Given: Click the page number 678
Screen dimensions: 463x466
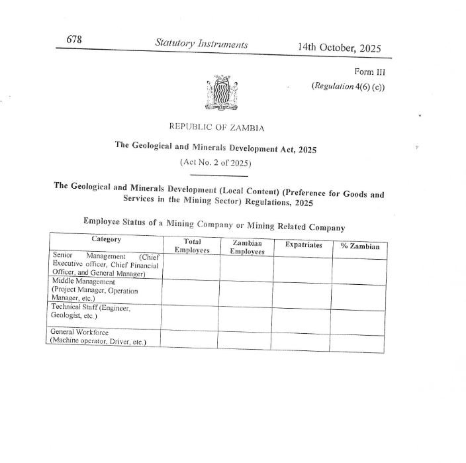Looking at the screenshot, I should [x=74, y=40].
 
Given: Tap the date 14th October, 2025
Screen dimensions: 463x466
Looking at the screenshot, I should [x=339, y=48].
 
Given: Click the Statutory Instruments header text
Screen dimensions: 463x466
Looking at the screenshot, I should [x=201, y=44].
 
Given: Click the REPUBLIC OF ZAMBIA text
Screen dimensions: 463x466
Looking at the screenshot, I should [x=216, y=127].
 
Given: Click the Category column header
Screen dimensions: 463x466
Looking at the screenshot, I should [x=106, y=238].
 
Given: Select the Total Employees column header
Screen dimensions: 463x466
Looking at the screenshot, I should [x=192, y=246].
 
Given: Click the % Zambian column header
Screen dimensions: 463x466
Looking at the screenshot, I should [x=359, y=246].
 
